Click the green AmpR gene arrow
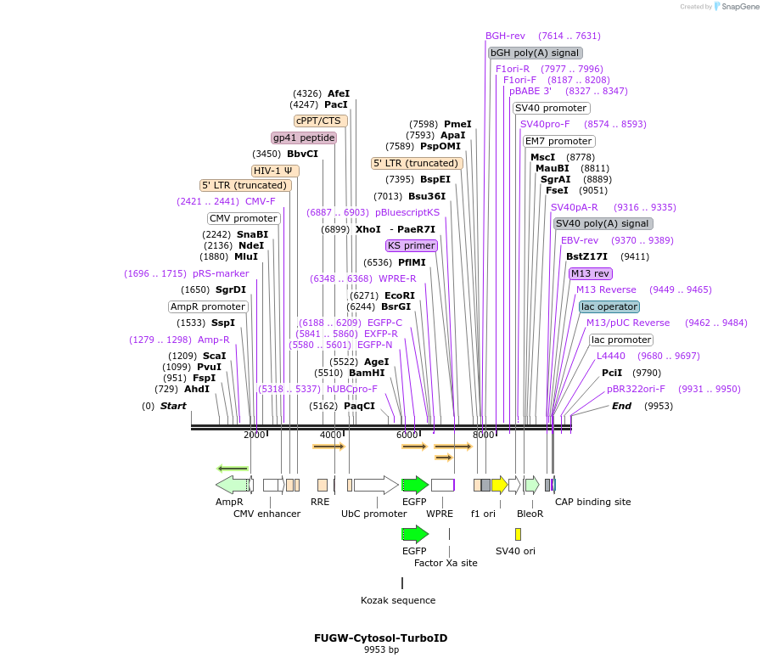pos(232,485)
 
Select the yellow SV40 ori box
pos(518,534)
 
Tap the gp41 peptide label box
pos(304,138)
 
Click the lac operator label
pos(609,306)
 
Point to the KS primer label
pos(412,245)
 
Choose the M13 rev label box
pos(591,273)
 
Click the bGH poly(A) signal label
pos(535,53)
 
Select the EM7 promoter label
pos(558,141)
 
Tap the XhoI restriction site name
pos(368,229)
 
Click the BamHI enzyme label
pos(367,373)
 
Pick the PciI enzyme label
pos(612,373)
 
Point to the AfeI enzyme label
pos(339,93)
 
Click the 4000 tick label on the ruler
pos(330,435)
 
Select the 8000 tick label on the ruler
pos(483,435)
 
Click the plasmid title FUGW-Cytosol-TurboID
pos(380,638)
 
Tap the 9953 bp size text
pos(381,649)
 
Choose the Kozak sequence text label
pos(398,600)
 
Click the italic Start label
pos(173,406)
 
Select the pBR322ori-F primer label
pos(637,389)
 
